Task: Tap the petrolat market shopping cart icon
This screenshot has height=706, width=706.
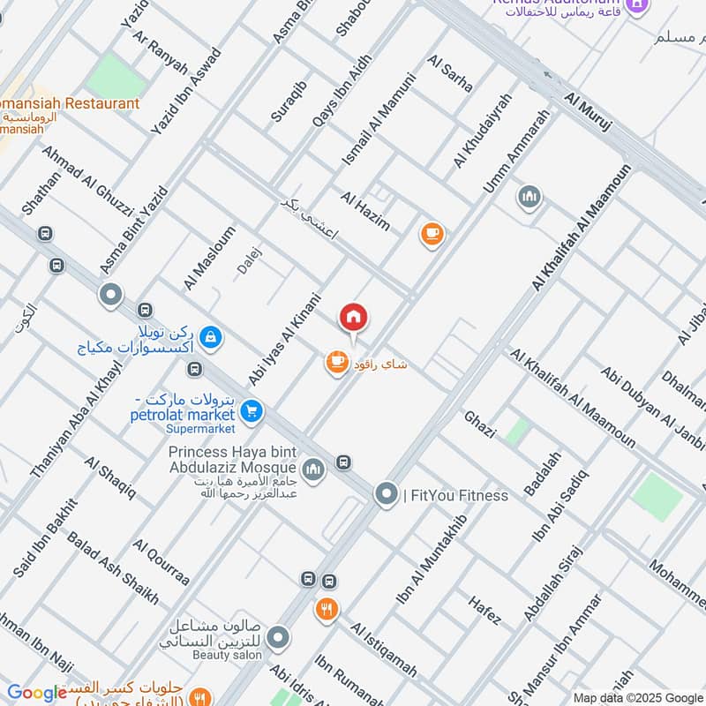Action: pos(252,410)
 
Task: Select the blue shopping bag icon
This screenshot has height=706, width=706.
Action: pos(211,336)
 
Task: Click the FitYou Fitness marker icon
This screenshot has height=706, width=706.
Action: pos(386,495)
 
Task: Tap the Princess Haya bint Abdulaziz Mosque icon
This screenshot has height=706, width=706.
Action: pos(313,468)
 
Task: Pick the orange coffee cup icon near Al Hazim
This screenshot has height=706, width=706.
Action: pos(431,234)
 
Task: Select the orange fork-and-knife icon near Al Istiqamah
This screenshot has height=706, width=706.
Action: pos(326,609)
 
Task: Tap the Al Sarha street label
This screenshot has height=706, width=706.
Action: pos(449,74)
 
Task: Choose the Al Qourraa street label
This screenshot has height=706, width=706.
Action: pos(161,565)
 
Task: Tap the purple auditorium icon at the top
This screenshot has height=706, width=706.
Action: pos(637,9)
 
